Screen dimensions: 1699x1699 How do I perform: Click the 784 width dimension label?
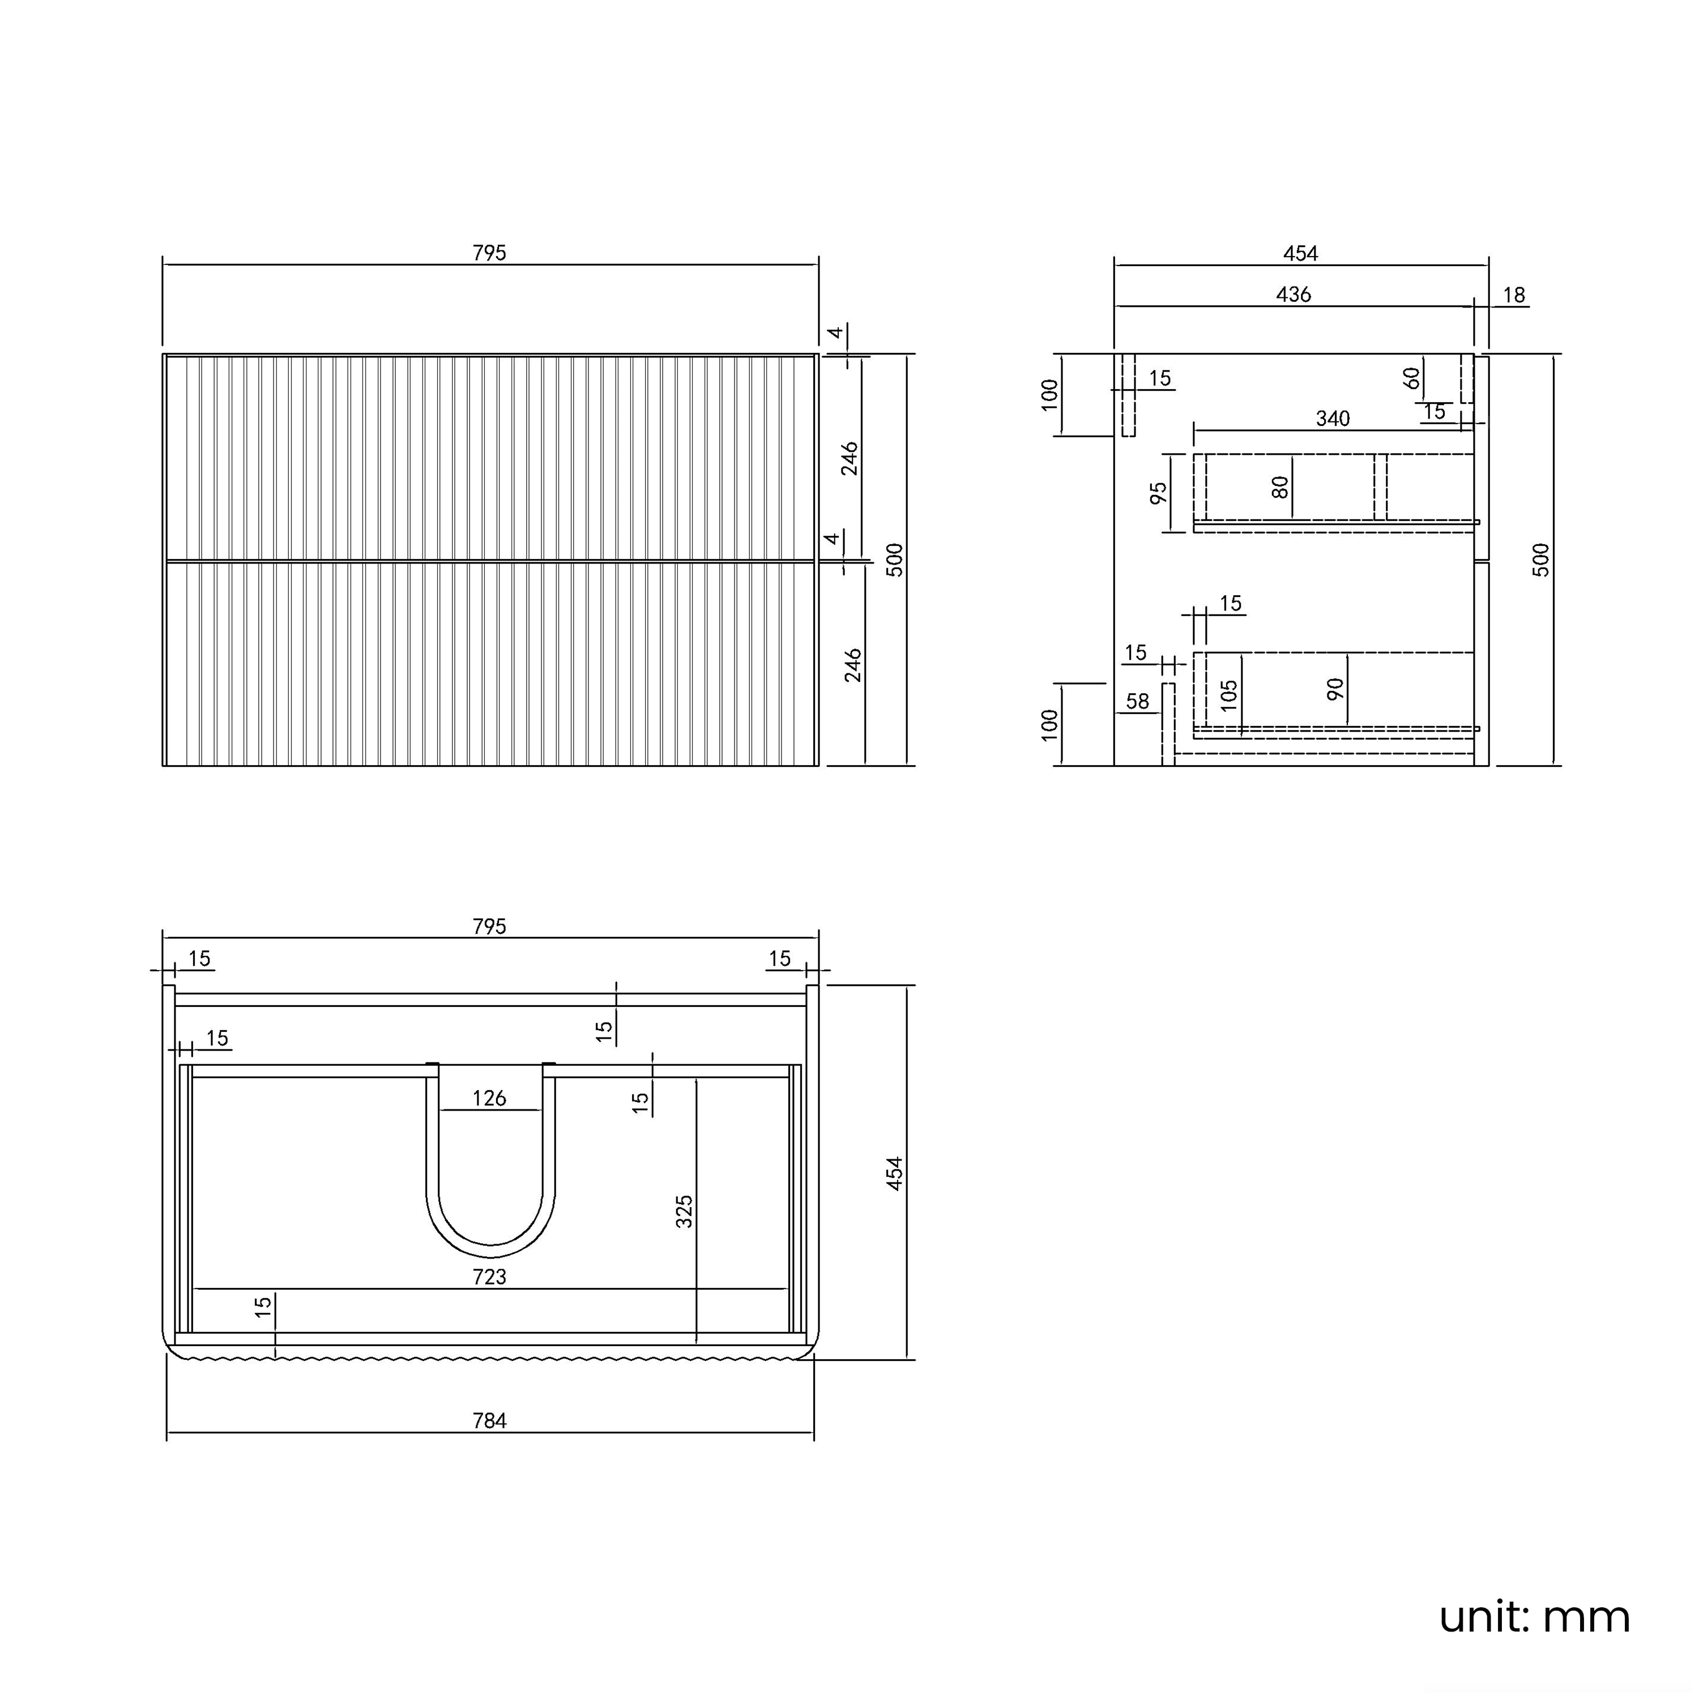[490, 1421]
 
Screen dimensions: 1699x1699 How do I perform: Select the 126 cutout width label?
[490, 1098]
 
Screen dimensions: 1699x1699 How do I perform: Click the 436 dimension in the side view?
[1294, 294]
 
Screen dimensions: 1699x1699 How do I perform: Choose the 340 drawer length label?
[1332, 419]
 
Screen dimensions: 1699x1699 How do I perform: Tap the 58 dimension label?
[1137, 701]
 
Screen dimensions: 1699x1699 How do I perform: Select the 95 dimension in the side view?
[1159, 493]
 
